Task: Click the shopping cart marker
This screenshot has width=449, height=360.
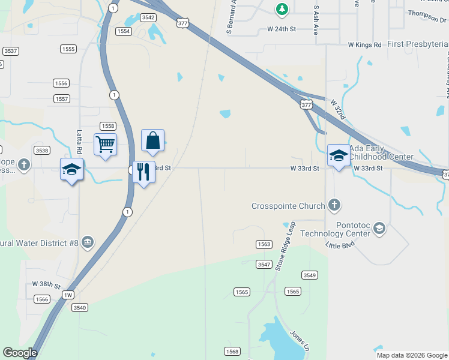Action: [105, 145]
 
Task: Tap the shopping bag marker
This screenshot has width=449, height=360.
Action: [153, 140]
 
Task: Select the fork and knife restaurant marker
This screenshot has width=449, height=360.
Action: [143, 172]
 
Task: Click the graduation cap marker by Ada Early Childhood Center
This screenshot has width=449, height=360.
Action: [339, 156]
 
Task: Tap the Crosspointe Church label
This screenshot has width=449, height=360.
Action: [288, 206]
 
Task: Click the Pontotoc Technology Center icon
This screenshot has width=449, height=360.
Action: [379, 228]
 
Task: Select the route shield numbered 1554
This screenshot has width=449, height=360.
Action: [124, 31]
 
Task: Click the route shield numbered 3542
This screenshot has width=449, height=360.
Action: [148, 17]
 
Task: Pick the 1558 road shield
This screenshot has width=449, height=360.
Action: [107, 126]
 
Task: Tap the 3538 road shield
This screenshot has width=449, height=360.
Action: [42, 151]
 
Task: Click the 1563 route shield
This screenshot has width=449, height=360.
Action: [264, 244]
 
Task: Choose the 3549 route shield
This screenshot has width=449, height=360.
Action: [309, 275]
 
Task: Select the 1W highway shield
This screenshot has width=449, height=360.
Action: [68, 295]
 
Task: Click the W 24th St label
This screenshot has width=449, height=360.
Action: [282, 29]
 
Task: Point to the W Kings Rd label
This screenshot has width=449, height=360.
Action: [364, 44]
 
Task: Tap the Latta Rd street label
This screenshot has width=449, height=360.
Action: [79, 142]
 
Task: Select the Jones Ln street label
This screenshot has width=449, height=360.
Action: [299, 341]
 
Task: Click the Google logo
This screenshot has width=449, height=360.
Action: [20, 353]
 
